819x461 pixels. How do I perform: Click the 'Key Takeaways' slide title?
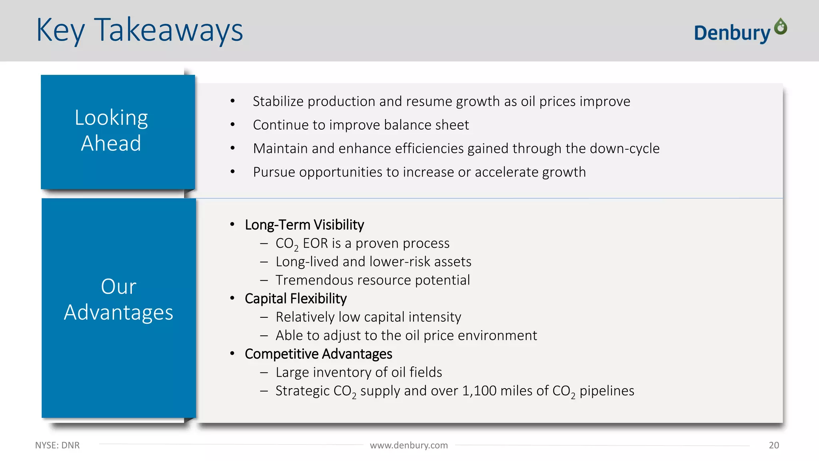pyautogui.click(x=139, y=30)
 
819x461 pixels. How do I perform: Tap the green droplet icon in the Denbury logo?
pyautogui.click(x=780, y=27)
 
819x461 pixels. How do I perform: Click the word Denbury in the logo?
pyautogui.click(x=731, y=33)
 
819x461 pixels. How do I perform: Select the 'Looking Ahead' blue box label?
pyautogui.click(x=112, y=130)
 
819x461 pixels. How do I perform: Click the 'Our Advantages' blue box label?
pyautogui.click(x=119, y=299)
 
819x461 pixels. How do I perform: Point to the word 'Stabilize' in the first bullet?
pyautogui.click(x=278, y=102)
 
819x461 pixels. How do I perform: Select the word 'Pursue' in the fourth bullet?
pyautogui.click(x=274, y=172)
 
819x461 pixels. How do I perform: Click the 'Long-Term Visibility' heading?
pyautogui.click(x=304, y=225)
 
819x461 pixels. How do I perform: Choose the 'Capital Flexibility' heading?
pyautogui.click(x=296, y=299)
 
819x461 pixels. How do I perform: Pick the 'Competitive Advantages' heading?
pyautogui.click(x=318, y=354)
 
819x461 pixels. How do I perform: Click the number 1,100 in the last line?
pyautogui.click(x=479, y=391)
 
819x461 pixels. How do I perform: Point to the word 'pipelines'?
pyautogui.click(x=607, y=391)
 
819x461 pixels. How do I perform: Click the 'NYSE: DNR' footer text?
pyautogui.click(x=57, y=445)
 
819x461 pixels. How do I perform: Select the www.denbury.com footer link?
pyautogui.click(x=409, y=445)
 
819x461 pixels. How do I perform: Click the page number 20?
pyautogui.click(x=774, y=445)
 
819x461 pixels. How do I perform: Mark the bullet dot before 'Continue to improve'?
pyautogui.click(x=232, y=125)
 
